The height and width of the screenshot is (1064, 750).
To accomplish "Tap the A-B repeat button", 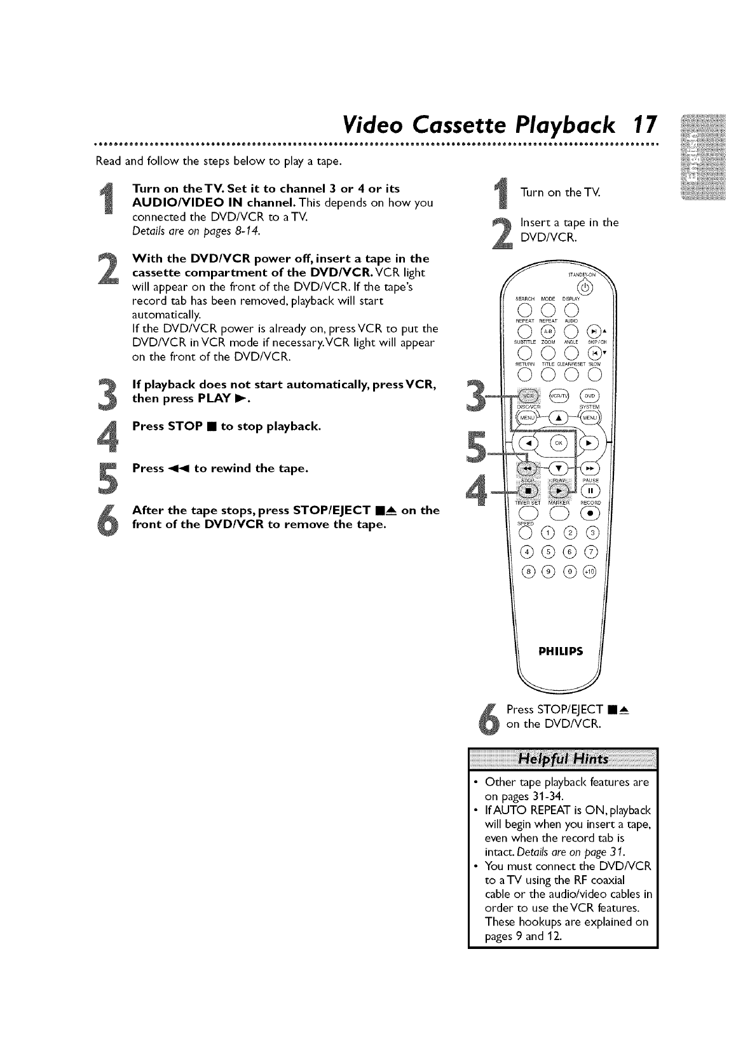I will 548,332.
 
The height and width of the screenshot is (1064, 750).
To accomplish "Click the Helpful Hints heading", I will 563,760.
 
